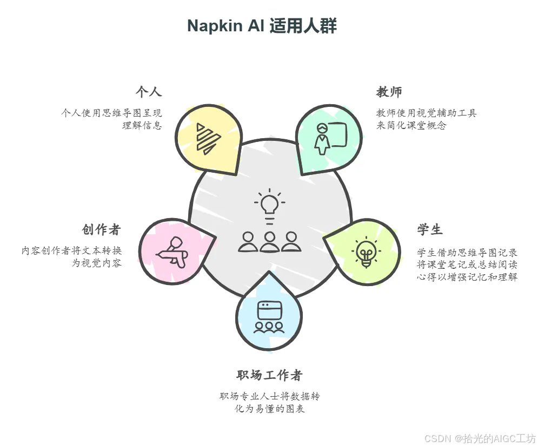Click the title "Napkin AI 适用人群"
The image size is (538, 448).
coord(262,26)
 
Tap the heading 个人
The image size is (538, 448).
coord(148,92)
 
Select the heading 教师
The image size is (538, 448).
coord(389,92)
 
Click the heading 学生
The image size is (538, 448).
coord(430,229)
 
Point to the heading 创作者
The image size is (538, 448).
coord(101,229)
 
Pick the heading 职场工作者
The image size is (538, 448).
coord(269,375)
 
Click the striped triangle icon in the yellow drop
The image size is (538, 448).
coord(207,138)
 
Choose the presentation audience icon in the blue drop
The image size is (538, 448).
coord(269,317)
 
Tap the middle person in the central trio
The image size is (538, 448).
coord(269,241)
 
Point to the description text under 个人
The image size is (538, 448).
coord(112,119)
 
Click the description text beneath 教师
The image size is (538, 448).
coord(426,119)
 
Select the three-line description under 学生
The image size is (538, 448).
coord(467,265)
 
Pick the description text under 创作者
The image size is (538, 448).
coord(72,257)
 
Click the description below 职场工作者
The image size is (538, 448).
coord(269,403)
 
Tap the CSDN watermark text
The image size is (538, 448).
coord(479,438)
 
